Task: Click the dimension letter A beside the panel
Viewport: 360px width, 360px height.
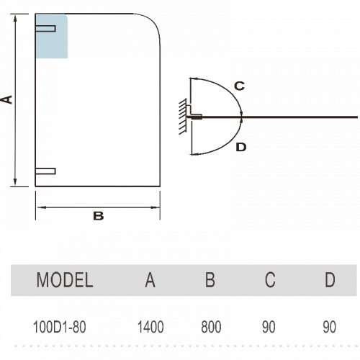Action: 7,99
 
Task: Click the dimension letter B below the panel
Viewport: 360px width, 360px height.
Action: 99,216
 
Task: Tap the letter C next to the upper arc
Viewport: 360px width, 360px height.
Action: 239,86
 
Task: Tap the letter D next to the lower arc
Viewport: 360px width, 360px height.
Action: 241,147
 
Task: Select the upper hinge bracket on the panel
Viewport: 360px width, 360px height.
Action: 45,28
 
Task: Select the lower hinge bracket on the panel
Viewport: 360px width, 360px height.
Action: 45,171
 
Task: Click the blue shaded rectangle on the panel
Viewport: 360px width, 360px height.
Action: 52,36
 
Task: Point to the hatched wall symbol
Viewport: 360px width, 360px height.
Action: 183,117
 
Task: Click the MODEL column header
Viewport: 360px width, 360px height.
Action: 65,280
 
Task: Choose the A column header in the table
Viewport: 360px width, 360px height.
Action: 150,280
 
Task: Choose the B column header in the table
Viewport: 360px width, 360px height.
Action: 210,280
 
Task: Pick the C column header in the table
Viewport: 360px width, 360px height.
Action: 270,280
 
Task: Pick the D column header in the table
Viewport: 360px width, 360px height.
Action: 330,280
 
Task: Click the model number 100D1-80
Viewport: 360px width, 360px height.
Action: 59,327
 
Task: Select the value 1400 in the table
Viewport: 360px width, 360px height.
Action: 150,327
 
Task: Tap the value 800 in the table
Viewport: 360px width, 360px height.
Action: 211,327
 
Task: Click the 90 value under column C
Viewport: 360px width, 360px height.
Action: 269,327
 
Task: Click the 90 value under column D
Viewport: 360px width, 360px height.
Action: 329,327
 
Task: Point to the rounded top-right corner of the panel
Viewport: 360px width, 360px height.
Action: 153,21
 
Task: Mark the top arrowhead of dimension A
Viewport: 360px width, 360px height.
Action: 15,19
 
